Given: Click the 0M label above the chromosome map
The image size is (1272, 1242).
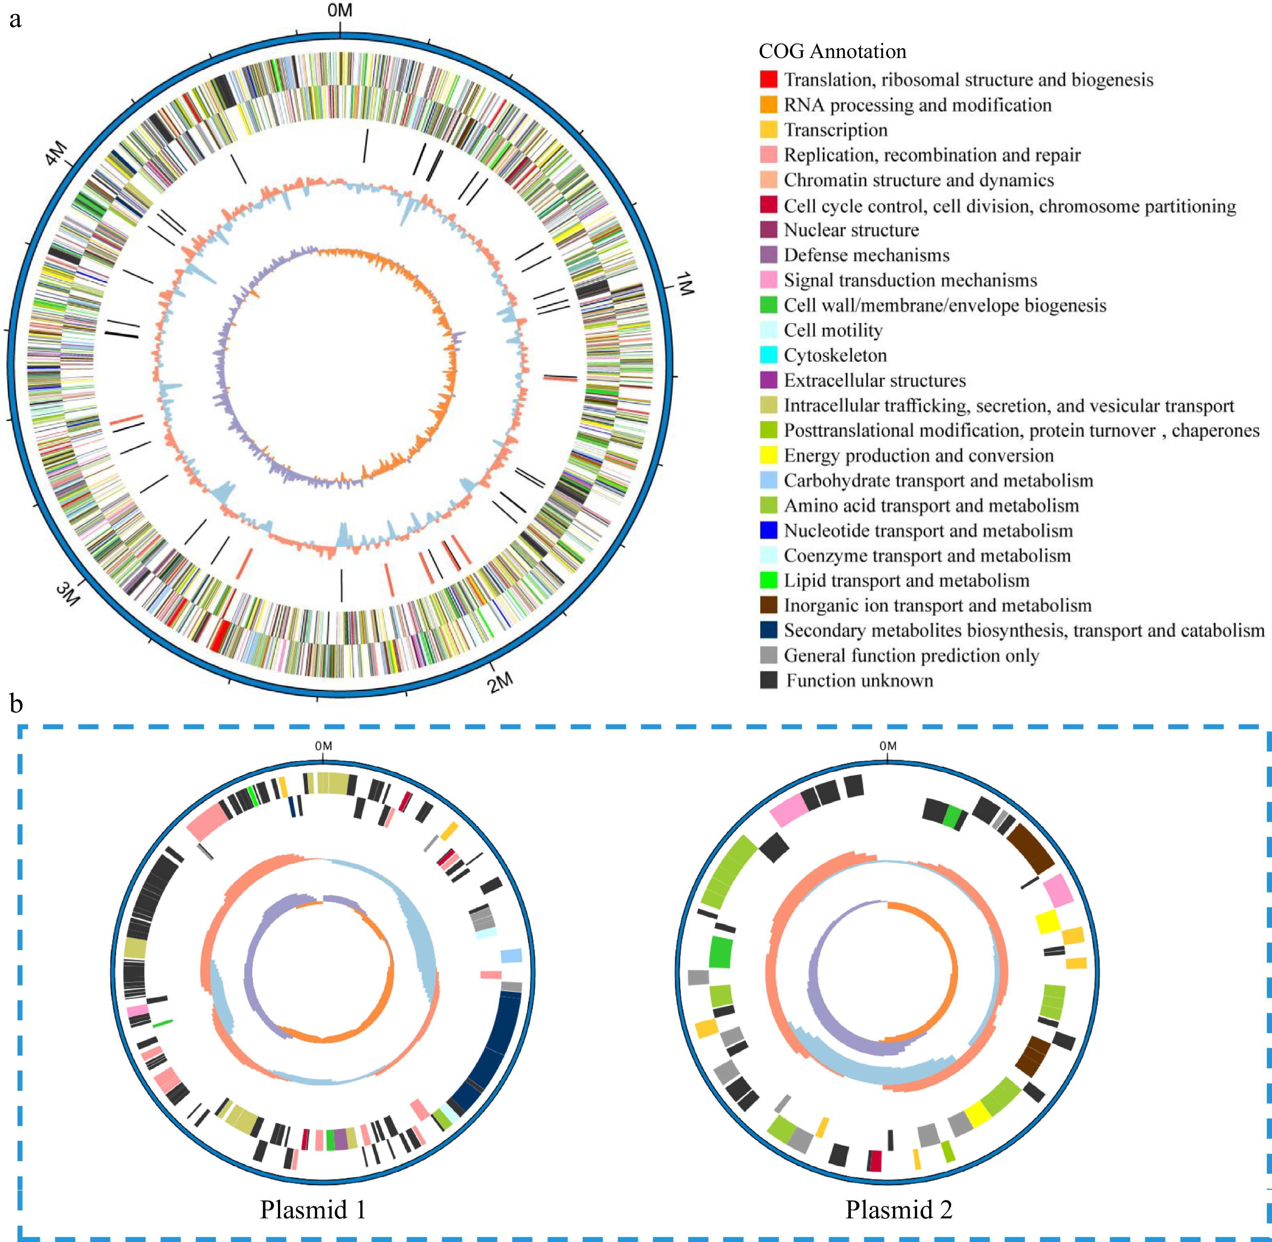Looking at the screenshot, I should coord(340,10).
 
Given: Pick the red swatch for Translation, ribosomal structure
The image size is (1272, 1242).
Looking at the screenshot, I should coord(769,80).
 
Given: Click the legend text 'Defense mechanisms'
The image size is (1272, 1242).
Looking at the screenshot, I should coord(866,255).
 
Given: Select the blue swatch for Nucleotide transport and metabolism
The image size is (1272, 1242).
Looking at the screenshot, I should coord(769,530).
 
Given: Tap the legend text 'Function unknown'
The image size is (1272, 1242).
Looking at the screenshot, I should coord(859,680).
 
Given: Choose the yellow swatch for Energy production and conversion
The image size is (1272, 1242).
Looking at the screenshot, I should coord(769,455).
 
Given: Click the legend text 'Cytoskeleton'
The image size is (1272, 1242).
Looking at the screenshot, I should coord(835,356).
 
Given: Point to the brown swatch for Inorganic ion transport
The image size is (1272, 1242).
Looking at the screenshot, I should coord(769,605).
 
